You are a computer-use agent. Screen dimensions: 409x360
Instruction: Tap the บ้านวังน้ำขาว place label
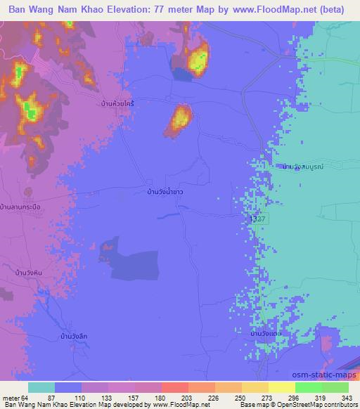coord(161,191)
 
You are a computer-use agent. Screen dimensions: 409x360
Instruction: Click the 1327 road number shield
coord(258,220)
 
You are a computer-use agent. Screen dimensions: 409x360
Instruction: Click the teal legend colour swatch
coord(41,387)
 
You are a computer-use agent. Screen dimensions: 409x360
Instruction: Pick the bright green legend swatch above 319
coord(308,387)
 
